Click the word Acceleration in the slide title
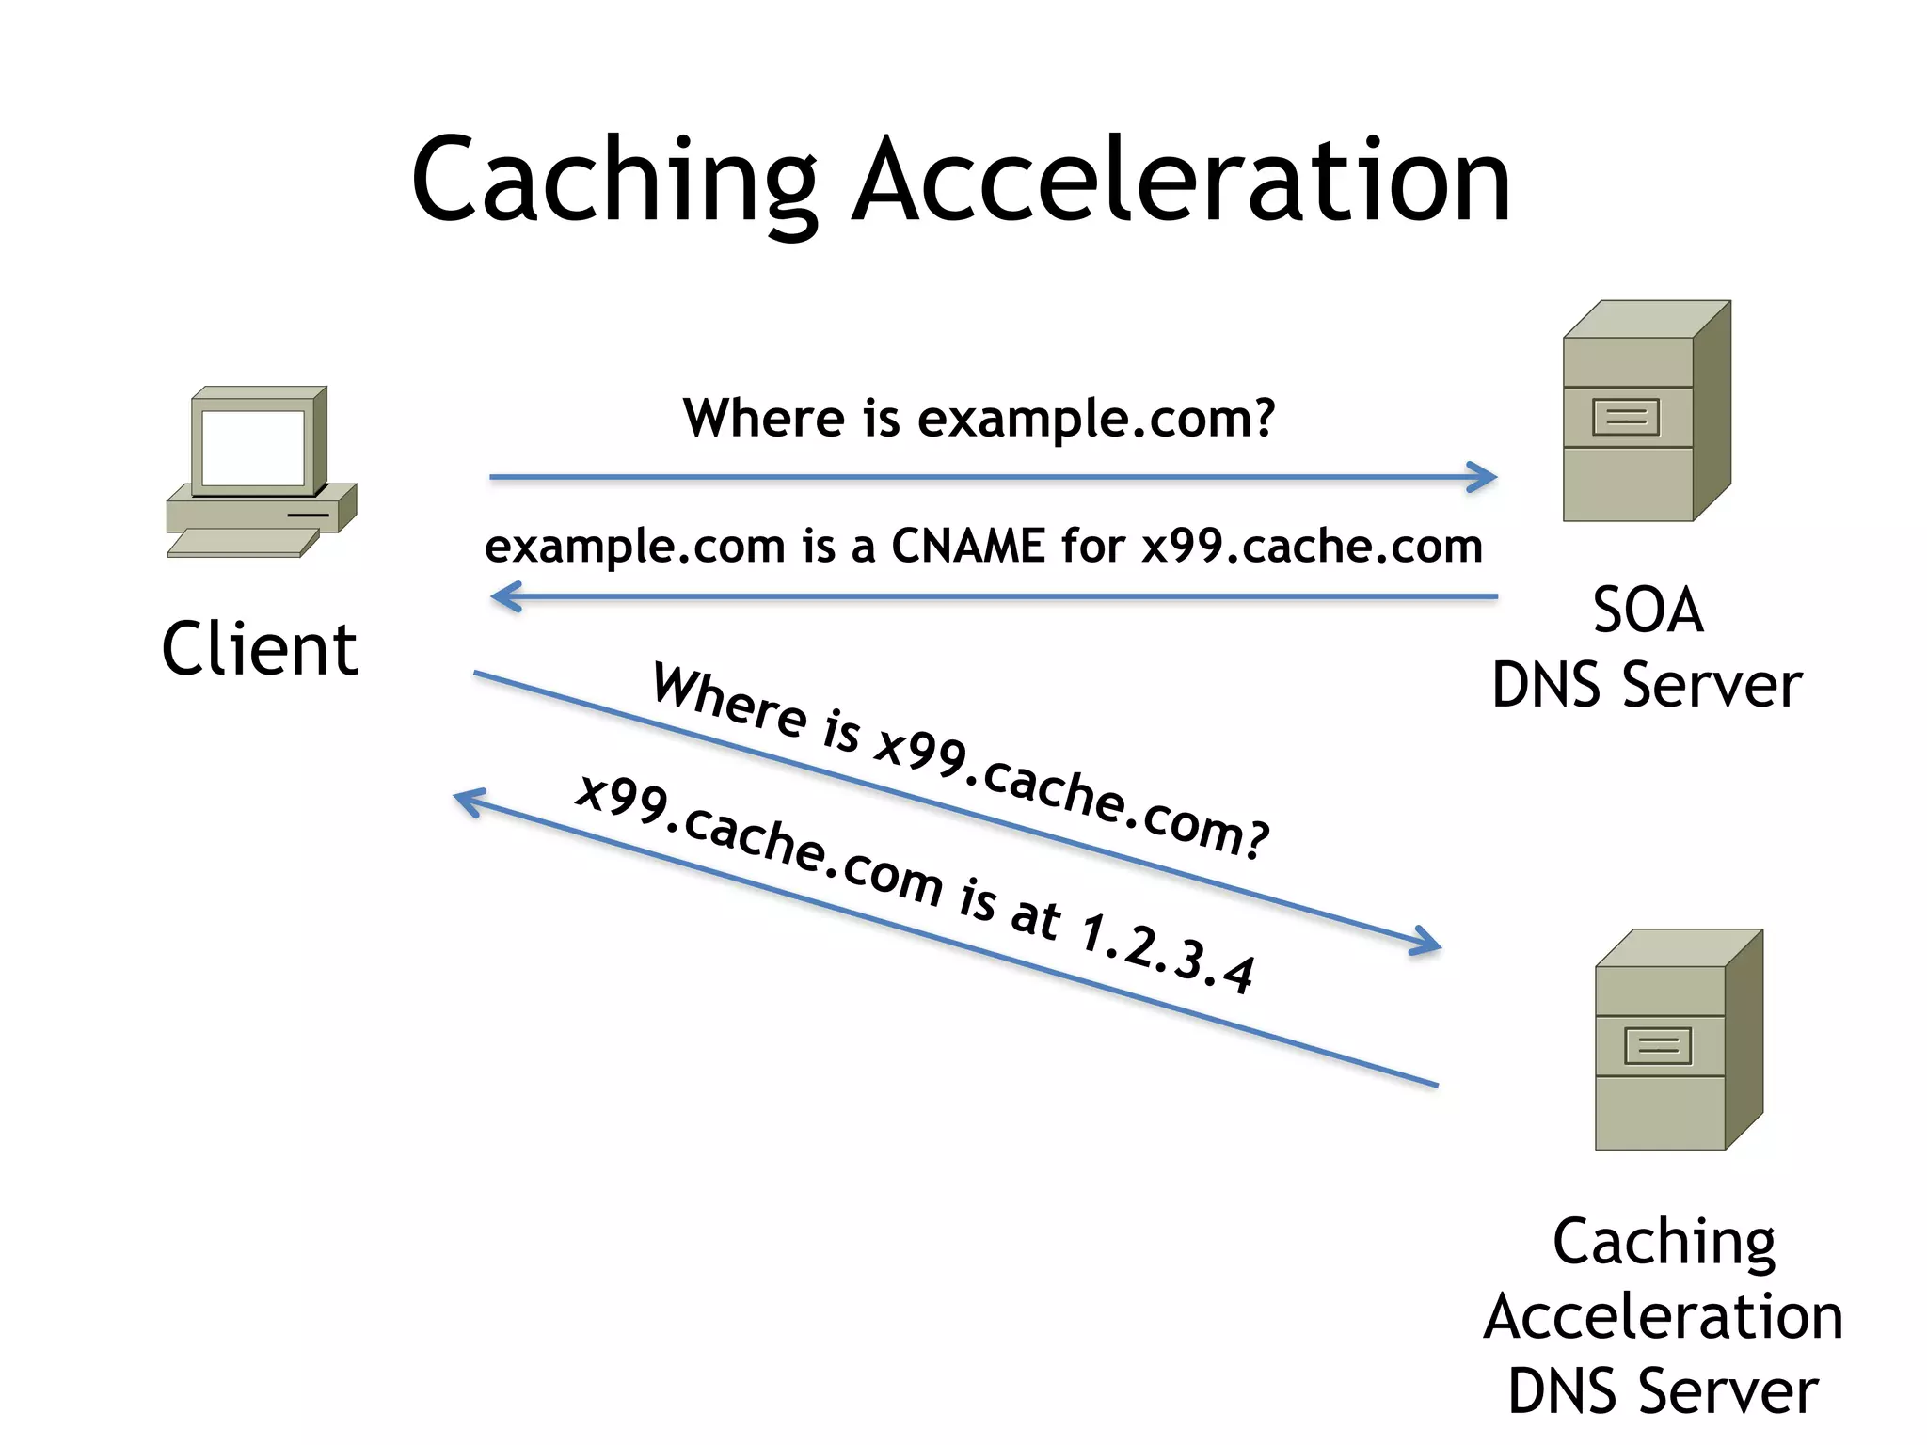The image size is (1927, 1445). point(1180,181)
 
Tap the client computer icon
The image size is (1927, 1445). point(260,470)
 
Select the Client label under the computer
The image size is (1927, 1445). point(260,649)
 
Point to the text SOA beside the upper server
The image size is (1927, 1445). point(1648,611)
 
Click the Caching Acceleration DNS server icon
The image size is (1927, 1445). point(1677,1040)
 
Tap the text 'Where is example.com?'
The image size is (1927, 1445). point(979,418)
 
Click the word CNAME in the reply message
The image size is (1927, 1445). point(967,546)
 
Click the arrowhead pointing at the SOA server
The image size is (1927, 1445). point(1485,477)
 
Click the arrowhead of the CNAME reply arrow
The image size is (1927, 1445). point(504,596)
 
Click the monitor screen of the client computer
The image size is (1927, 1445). point(252,448)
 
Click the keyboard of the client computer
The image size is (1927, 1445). point(243,543)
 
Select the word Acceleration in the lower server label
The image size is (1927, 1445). point(1664,1317)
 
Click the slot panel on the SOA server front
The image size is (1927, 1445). point(1625,417)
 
